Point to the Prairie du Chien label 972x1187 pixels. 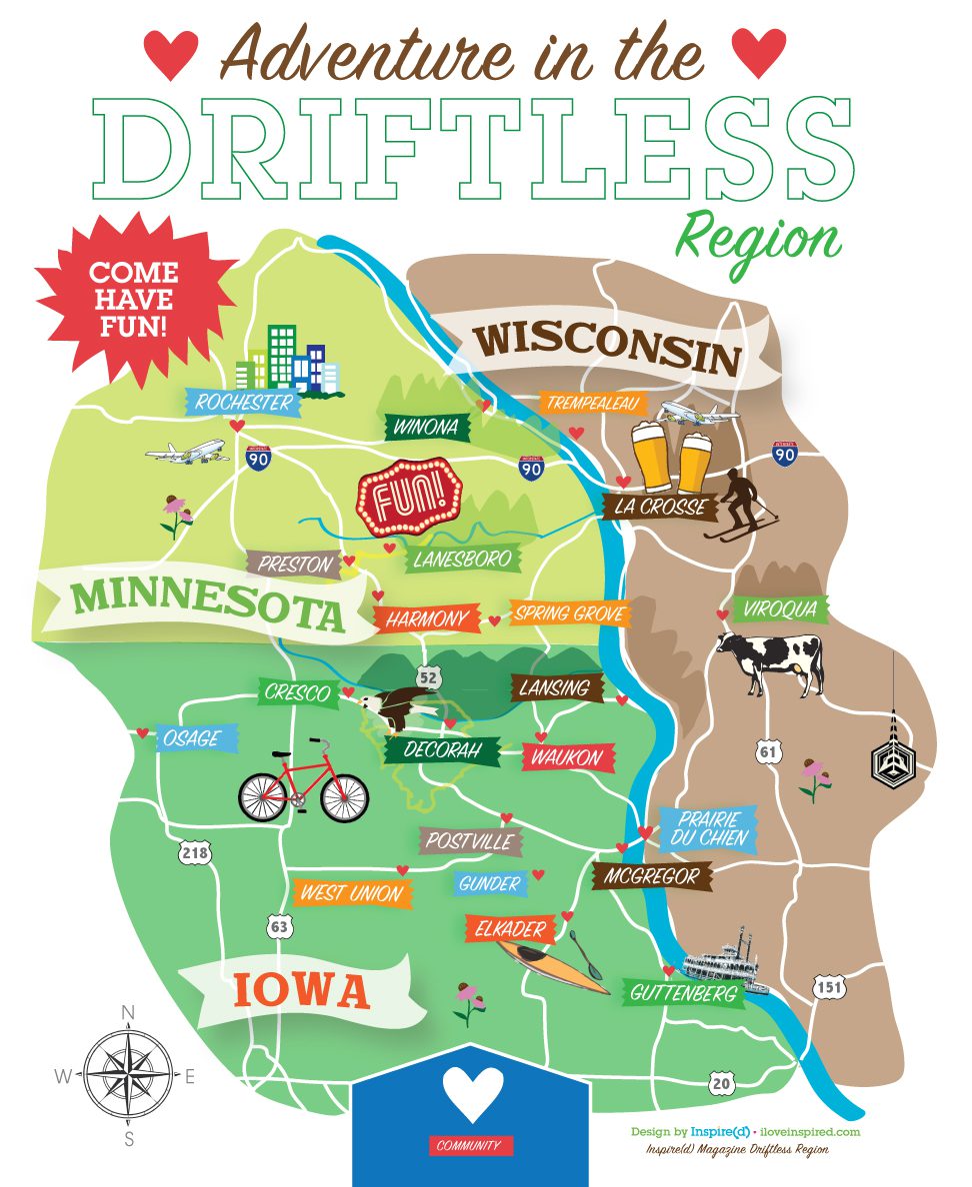[711, 828]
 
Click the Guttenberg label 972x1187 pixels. [683, 993]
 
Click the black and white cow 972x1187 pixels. [769, 659]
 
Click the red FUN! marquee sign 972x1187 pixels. [410, 497]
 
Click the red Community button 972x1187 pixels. [468, 1145]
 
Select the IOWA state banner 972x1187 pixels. [301, 991]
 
